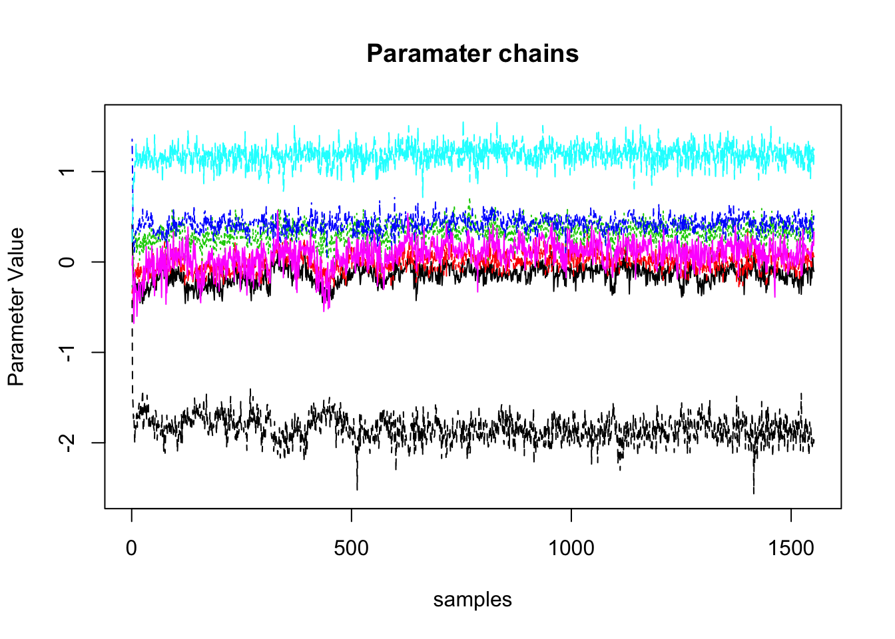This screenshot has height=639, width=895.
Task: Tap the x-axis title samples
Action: pos(472,600)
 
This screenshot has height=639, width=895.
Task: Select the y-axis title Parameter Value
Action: pos(16,307)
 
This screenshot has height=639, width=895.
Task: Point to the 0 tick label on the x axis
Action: pos(132,548)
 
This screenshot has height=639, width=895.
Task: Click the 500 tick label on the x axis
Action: pos(351,548)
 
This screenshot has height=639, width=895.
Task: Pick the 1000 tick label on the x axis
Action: pos(571,548)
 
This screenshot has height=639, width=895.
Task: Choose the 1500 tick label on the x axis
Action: pos(790,548)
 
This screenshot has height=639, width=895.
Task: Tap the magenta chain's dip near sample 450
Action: pos(325,303)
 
